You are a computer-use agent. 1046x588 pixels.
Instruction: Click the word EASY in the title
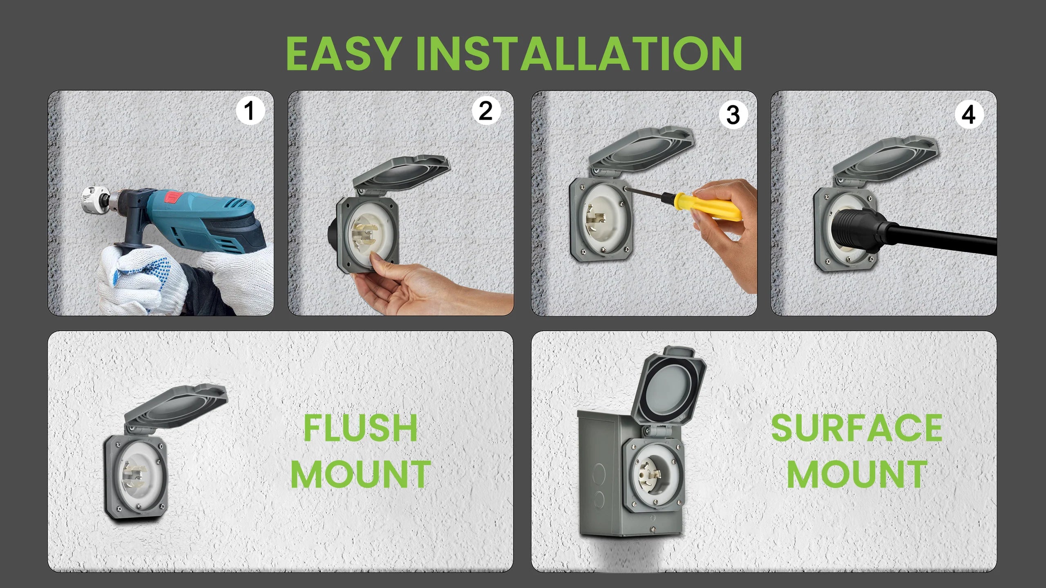(343, 53)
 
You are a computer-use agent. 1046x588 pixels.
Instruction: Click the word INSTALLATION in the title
(579, 53)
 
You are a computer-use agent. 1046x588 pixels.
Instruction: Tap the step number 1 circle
(250, 111)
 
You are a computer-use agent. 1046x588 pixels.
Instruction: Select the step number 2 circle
(485, 111)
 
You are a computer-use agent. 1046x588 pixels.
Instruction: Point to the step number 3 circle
(733, 115)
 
